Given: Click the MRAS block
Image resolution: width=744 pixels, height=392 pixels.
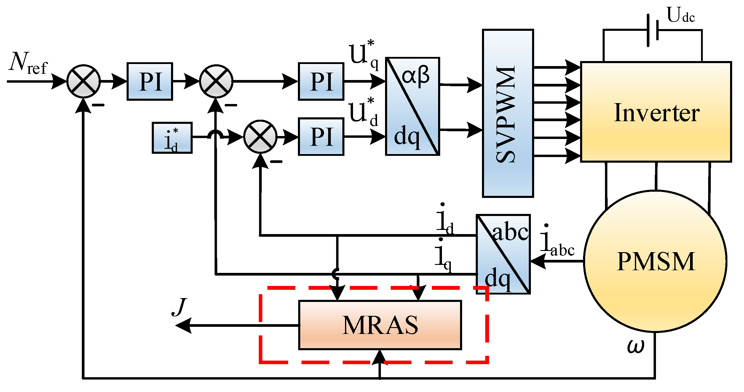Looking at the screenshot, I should click(380, 325).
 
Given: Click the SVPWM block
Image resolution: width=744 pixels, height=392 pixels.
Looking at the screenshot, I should click(508, 113).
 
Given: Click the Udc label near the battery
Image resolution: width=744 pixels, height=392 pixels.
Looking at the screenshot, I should click(681, 15).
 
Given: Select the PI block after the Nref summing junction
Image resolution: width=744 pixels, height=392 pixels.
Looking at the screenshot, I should click(150, 81).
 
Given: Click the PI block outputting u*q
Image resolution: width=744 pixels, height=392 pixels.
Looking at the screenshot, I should click(321, 81).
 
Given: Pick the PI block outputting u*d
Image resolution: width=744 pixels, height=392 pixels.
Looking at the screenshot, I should click(321, 137).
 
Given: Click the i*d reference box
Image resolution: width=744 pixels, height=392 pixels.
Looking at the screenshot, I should click(172, 138).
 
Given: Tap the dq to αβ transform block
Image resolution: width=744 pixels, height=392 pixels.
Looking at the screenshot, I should click(412, 106).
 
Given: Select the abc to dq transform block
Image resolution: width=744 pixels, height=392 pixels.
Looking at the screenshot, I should click(503, 254).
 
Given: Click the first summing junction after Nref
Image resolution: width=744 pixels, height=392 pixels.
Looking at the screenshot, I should click(84, 81).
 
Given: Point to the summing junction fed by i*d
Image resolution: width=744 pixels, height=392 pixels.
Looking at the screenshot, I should click(260, 137).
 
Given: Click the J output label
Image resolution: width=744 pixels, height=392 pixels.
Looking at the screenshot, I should click(179, 307).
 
